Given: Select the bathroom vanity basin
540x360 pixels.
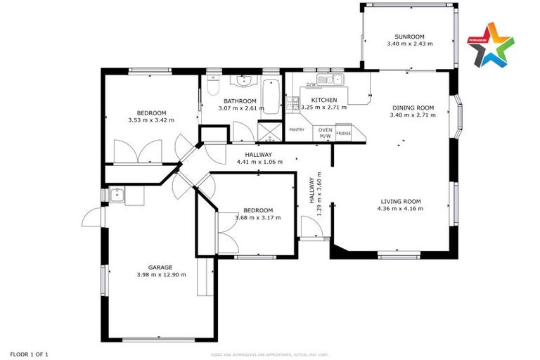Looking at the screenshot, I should click(x=244, y=79).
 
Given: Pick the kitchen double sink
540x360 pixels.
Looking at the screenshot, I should click(x=330, y=79).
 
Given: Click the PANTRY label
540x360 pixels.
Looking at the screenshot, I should click(x=297, y=129).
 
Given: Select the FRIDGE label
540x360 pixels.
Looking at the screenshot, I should click(x=343, y=133).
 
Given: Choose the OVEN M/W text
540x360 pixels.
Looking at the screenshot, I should click(x=325, y=133).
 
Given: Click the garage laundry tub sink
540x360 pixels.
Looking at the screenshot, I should click(x=117, y=194).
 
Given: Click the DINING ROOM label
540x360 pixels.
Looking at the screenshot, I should click(x=413, y=108).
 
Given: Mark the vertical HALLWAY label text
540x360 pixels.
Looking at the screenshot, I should click(x=312, y=189).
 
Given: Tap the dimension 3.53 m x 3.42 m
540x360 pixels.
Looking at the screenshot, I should click(x=151, y=120).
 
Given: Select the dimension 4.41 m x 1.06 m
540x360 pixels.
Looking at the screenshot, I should click(x=259, y=162).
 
